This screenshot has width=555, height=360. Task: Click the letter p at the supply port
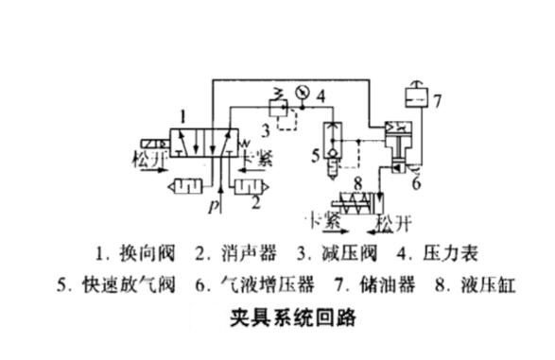click(214, 204)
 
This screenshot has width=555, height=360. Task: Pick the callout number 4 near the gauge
click(321, 95)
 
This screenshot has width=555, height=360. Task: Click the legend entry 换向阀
click(128, 254)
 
